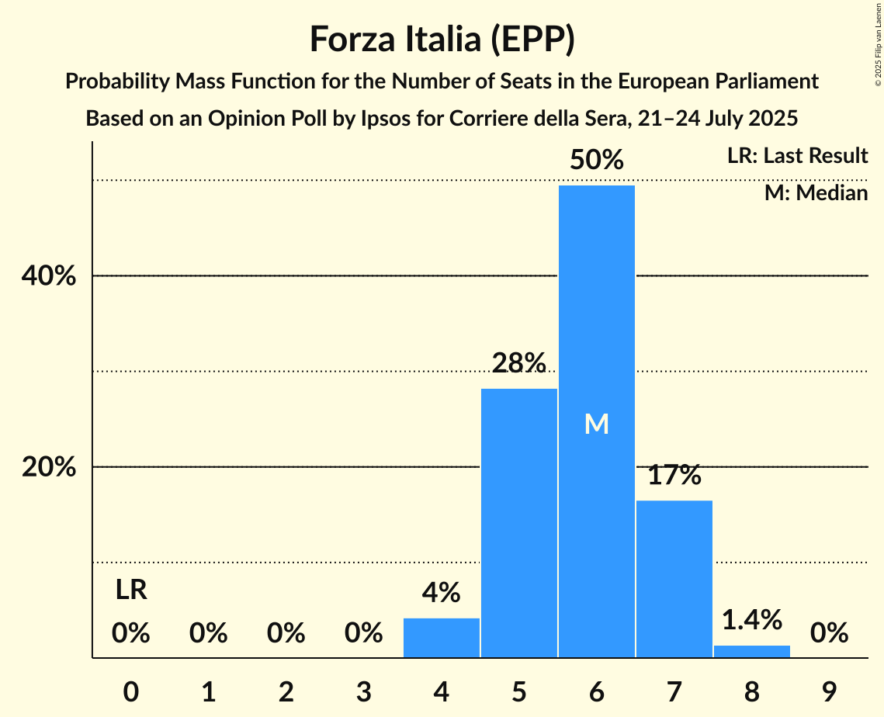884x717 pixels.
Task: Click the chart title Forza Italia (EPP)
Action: click(x=442, y=39)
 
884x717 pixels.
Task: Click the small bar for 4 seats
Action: click(x=441, y=638)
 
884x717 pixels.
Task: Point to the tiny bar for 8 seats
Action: click(x=751, y=651)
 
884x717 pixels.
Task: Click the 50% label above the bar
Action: click(x=596, y=161)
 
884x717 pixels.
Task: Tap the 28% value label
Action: click(x=518, y=363)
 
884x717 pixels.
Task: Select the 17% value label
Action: click(x=674, y=475)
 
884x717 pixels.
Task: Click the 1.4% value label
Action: click(x=751, y=619)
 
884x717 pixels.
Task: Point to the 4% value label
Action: click(x=441, y=593)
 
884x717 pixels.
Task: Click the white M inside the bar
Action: click(x=596, y=424)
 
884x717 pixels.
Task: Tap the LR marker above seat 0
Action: click(x=131, y=591)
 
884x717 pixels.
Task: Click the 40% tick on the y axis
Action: click(x=53, y=276)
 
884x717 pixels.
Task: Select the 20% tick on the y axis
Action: click(x=53, y=467)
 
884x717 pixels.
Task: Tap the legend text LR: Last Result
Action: click(x=797, y=156)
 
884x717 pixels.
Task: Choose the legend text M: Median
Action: click(x=816, y=192)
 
